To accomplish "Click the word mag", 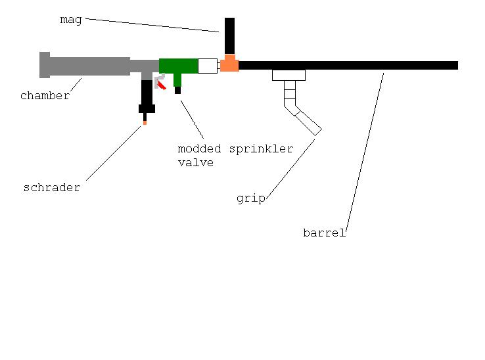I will (x=71, y=20).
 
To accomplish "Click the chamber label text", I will (x=45, y=96).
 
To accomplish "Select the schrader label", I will (x=51, y=188).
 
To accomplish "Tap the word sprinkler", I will (x=261, y=149).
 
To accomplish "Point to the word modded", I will (x=199, y=149).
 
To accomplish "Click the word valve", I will (x=195, y=162).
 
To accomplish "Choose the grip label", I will (x=250, y=198).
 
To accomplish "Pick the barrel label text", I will (x=324, y=233).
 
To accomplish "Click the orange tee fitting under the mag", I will (x=229, y=64).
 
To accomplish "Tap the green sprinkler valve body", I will (x=178, y=66).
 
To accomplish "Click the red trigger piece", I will (x=160, y=85).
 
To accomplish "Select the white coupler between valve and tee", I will (x=207, y=66).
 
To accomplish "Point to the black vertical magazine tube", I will (x=229, y=35).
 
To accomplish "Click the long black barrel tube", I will (x=348, y=65).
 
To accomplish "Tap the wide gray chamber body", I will (x=89, y=66).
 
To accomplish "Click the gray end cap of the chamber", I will (x=44, y=64).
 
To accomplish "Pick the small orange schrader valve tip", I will (x=145, y=122).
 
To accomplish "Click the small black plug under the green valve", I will (x=177, y=91).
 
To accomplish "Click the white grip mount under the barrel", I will (x=289, y=75).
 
